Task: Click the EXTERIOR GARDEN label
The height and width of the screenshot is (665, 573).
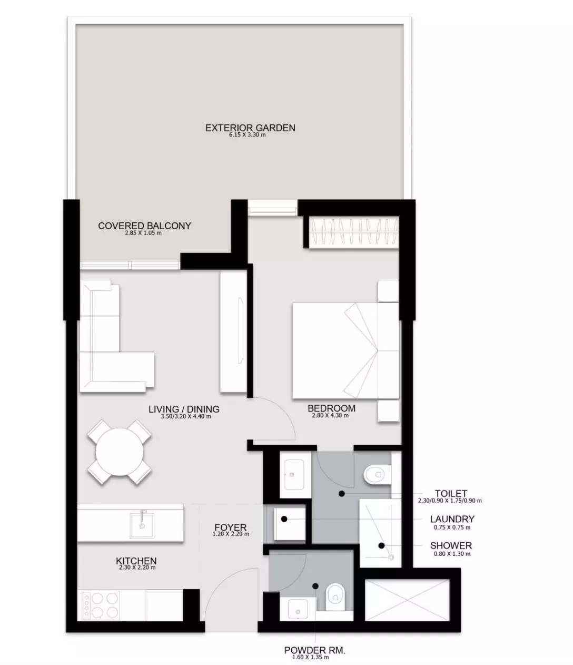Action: [x=250, y=128]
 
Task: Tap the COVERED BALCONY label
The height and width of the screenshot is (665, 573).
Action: [x=144, y=226]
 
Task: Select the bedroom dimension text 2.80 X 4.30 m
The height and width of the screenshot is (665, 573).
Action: [x=330, y=415]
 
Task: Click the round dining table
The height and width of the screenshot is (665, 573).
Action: [x=120, y=452]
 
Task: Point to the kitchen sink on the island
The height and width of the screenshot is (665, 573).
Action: [x=142, y=526]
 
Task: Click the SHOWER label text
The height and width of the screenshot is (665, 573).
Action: [x=451, y=545]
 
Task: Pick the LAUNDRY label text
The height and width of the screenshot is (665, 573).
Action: [x=452, y=519]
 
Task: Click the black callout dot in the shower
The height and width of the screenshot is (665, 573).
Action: [x=381, y=545]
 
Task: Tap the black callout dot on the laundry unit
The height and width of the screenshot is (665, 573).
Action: [x=284, y=519]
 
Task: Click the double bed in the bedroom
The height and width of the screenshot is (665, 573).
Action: [x=345, y=350]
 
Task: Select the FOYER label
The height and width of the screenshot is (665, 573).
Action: [x=231, y=527]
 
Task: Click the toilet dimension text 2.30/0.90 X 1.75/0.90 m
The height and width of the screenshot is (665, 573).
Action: [x=450, y=501]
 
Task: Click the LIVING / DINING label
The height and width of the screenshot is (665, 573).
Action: [x=184, y=409]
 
